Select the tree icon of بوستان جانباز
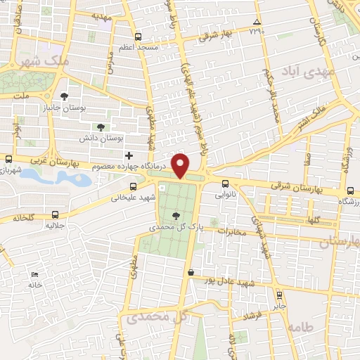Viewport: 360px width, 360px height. click(65, 96)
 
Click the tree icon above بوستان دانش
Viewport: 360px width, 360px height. click(101, 127)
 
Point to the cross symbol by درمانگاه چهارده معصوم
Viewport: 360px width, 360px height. click(128, 155)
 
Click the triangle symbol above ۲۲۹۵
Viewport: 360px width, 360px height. click(257, 22)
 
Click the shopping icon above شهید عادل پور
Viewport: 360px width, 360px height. click(191, 271)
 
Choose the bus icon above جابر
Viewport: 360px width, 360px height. click(279, 295)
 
